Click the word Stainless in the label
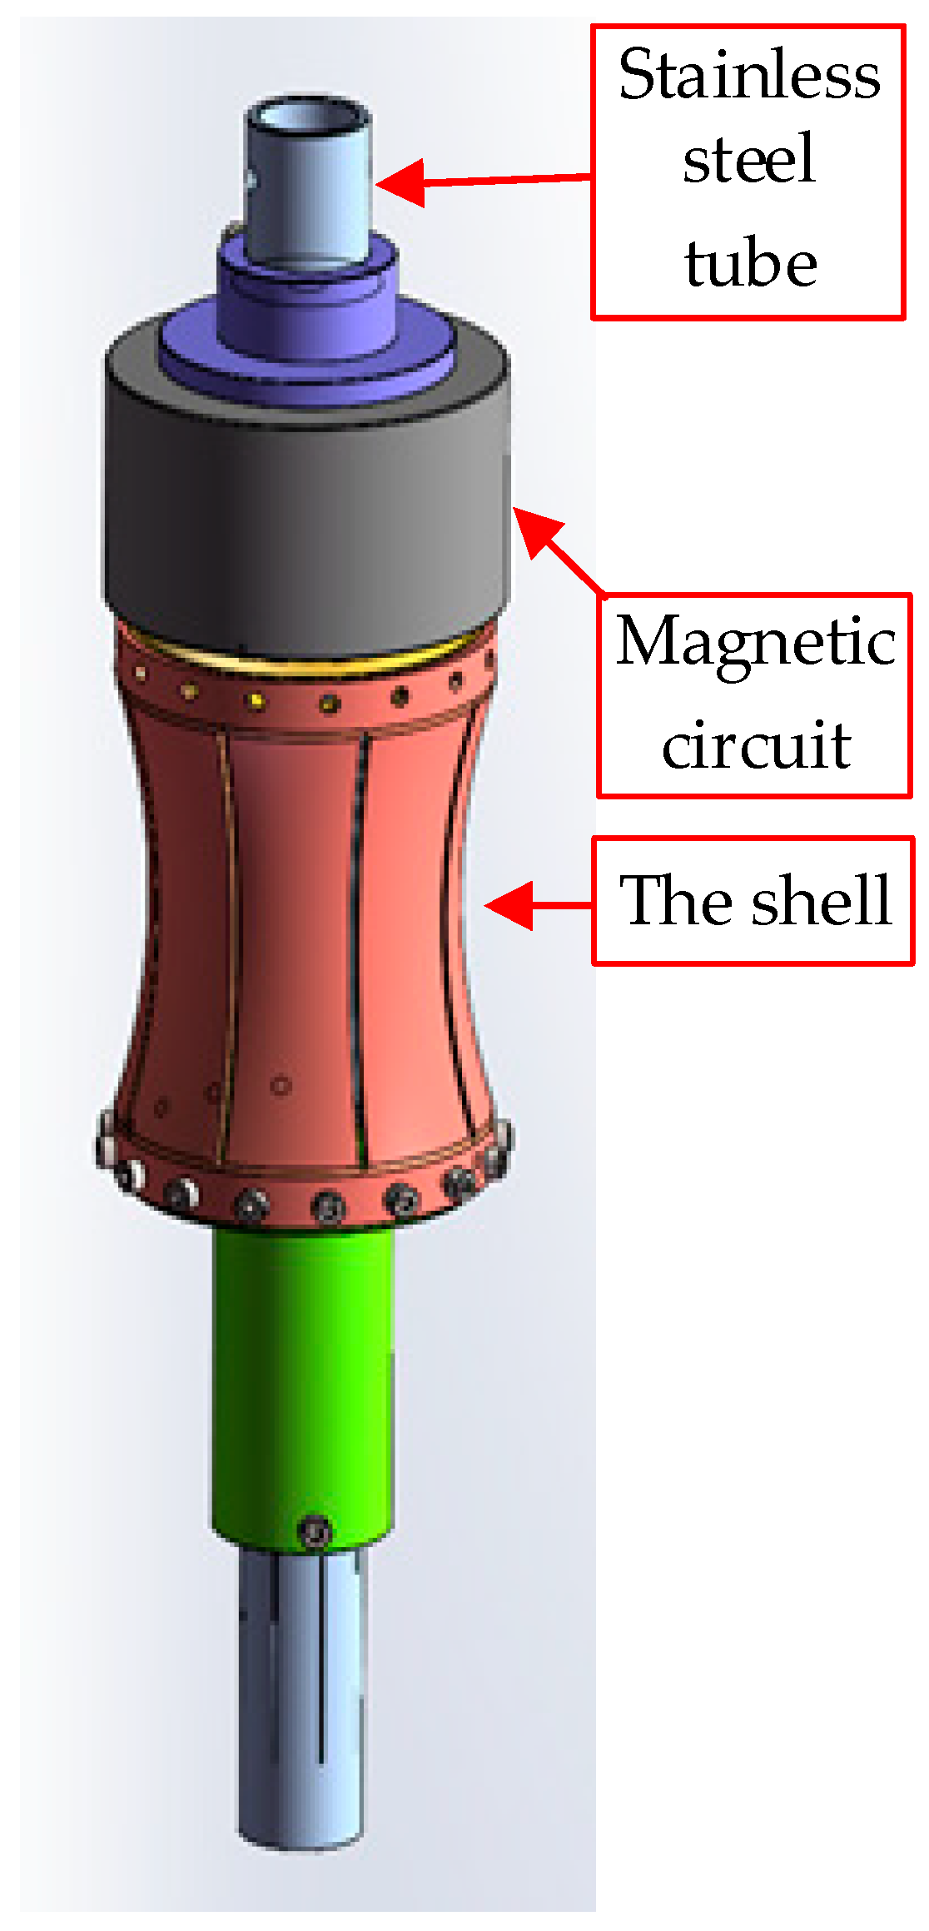pos(748,76)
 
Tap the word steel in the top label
pos(748,159)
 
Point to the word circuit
pos(755,744)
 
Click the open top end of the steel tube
pos(309,116)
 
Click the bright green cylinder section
pos(303,1374)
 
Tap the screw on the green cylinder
pos(315,1530)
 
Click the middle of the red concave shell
pos(300,916)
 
